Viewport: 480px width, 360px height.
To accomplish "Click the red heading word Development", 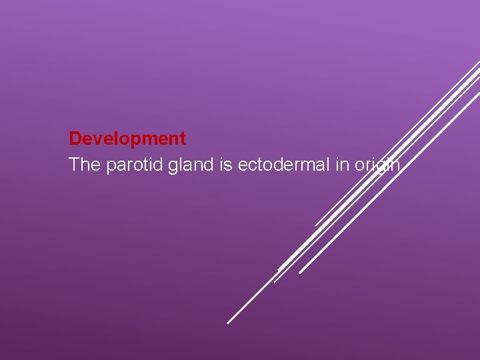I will pos(127,139).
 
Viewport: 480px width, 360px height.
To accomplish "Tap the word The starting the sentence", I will pos(85,165).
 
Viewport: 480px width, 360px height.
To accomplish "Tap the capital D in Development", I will pos(75,139).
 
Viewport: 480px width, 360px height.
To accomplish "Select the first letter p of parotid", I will pos(110,166).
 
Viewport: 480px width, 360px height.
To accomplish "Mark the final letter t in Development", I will pos(183,139).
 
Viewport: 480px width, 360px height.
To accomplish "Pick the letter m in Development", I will pos(147,139).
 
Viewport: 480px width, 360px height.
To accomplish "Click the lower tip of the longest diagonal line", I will pos(228,323).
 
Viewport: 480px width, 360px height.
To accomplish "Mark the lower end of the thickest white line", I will pos(279,269).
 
